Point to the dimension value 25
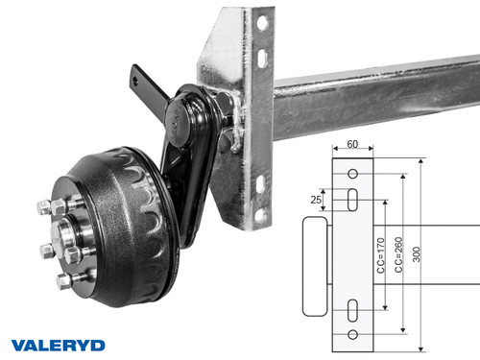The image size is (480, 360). click(316, 201)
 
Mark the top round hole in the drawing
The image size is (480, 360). click(353, 175)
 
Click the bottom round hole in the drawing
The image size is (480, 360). click(353, 333)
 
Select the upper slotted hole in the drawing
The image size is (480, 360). click(353, 200)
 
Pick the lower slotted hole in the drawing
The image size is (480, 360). click(353, 309)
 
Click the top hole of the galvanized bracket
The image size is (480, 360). click(261, 20)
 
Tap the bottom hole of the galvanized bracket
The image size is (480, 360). click(260, 215)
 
